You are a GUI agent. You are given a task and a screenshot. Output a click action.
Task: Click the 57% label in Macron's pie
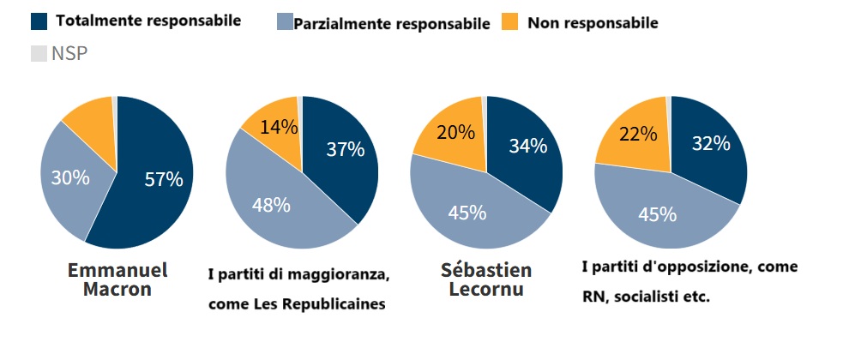(x=163, y=180)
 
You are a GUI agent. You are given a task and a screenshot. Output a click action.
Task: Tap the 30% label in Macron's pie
(x=70, y=177)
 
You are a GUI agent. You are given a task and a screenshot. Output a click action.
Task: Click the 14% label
(x=280, y=128)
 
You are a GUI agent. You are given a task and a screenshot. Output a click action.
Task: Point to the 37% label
(x=346, y=149)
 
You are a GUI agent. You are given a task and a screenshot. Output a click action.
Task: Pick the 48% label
(x=270, y=206)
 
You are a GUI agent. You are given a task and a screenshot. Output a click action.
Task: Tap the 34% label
(x=527, y=146)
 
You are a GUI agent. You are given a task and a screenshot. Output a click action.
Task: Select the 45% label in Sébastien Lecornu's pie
(x=467, y=212)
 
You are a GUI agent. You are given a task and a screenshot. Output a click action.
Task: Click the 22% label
(x=637, y=134)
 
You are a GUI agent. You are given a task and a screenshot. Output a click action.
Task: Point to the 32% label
(x=711, y=143)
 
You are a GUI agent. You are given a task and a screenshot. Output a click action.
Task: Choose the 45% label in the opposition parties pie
(x=657, y=214)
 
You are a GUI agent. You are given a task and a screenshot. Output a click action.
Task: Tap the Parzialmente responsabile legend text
(x=391, y=24)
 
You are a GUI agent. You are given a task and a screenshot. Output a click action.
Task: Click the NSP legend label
(x=69, y=54)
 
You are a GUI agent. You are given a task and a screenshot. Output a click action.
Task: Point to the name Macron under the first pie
(x=117, y=290)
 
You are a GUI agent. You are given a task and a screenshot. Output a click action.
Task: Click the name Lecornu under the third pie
(x=486, y=290)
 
